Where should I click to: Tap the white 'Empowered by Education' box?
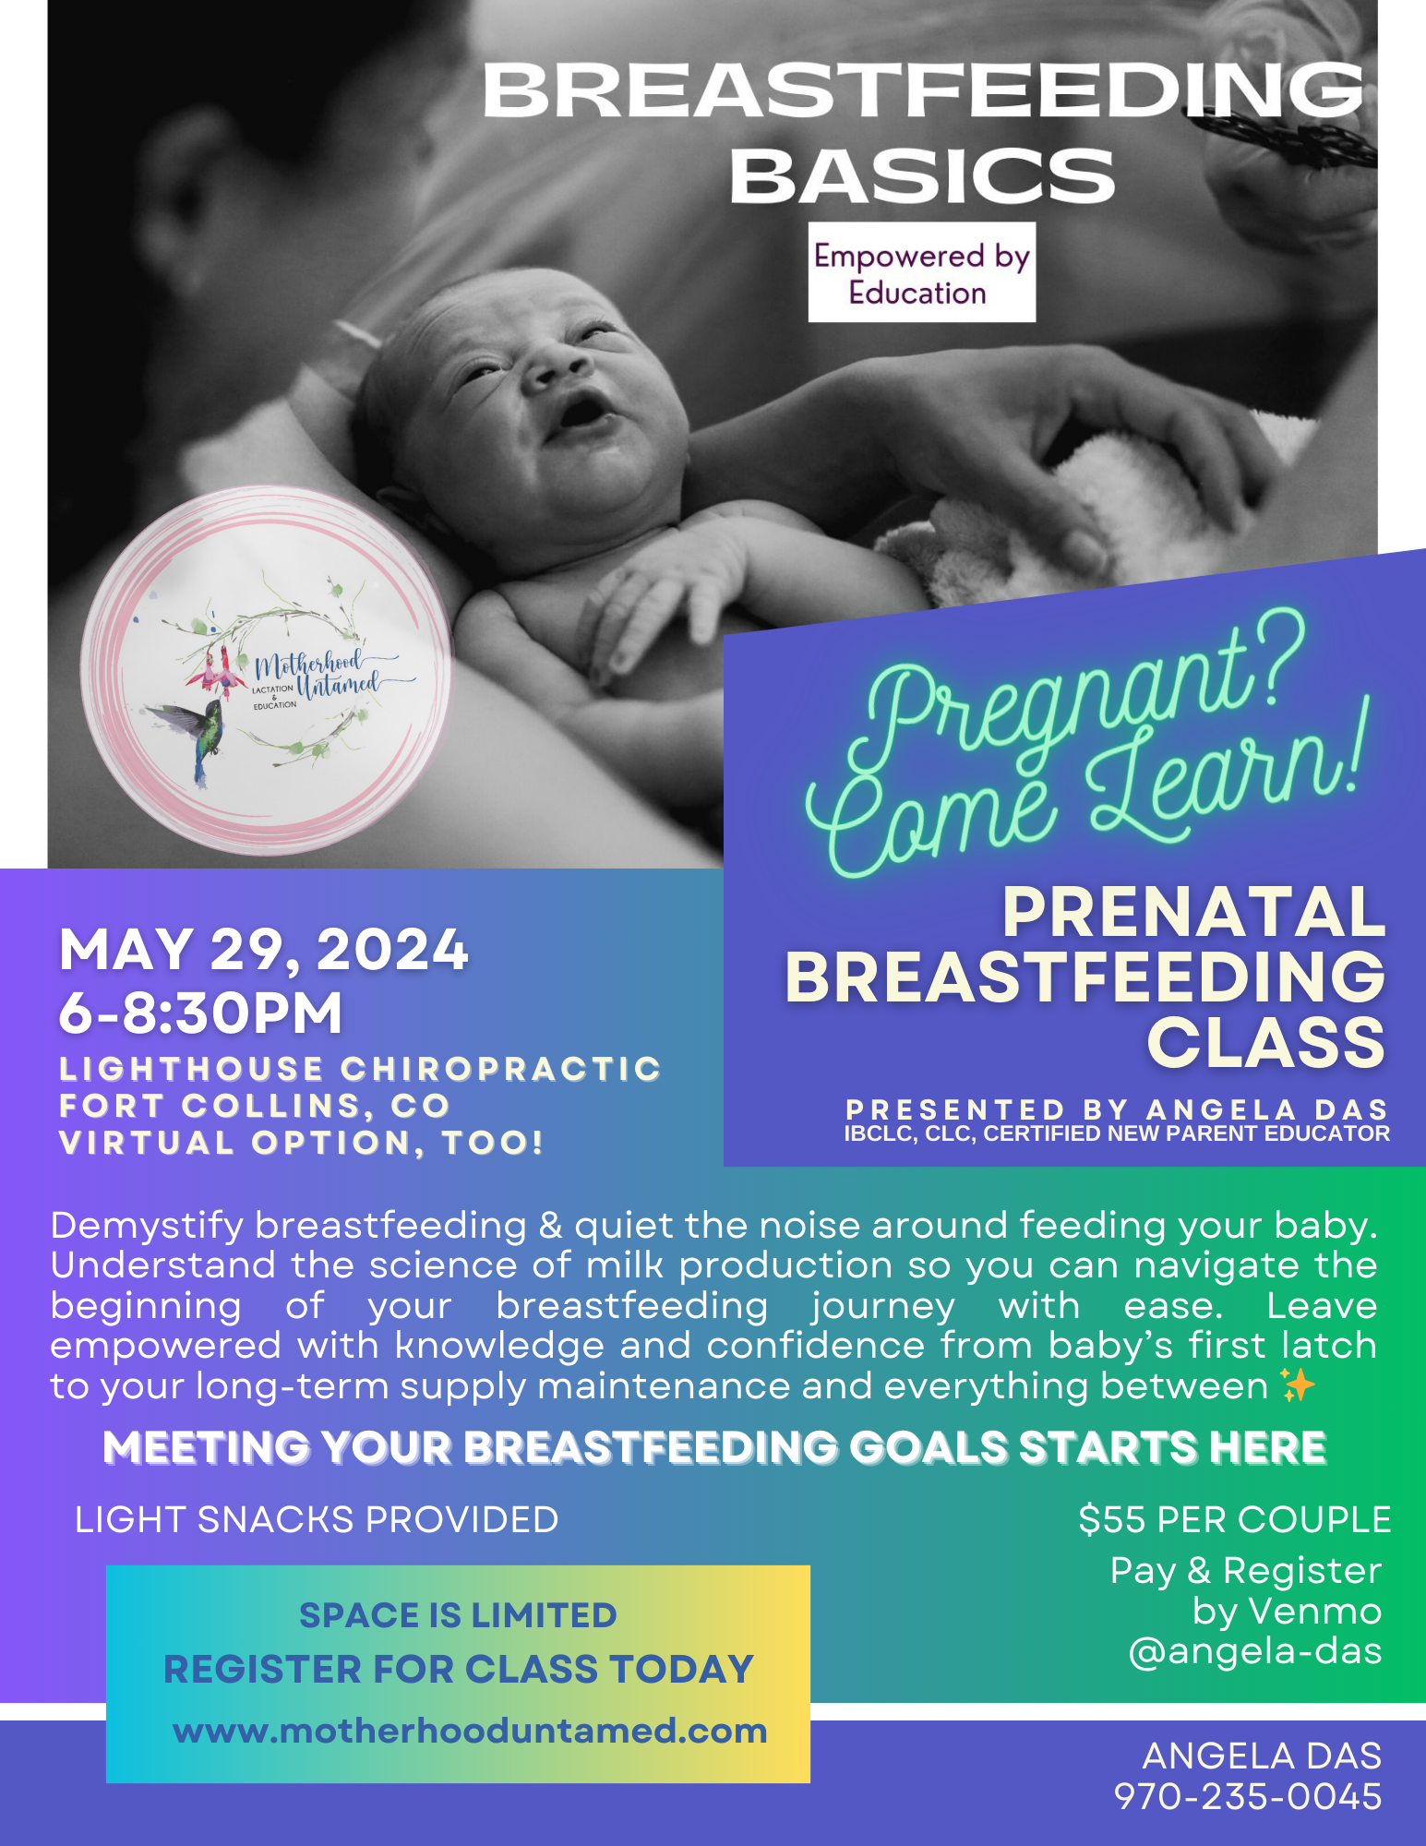(x=921, y=273)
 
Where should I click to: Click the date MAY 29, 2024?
(x=264, y=949)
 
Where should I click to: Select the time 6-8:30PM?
(x=200, y=1013)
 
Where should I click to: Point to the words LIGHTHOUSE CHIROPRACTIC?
(x=360, y=1069)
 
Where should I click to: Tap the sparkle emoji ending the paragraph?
(x=1297, y=1385)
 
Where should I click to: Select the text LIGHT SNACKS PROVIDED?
(x=317, y=1520)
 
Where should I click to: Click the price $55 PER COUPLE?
(x=1234, y=1520)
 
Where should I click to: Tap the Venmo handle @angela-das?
(x=1254, y=1651)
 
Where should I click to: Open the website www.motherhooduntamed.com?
(x=470, y=1731)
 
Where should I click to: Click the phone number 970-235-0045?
(x=1248, y=1797)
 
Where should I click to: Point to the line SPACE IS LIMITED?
(x=458, y=1616)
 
